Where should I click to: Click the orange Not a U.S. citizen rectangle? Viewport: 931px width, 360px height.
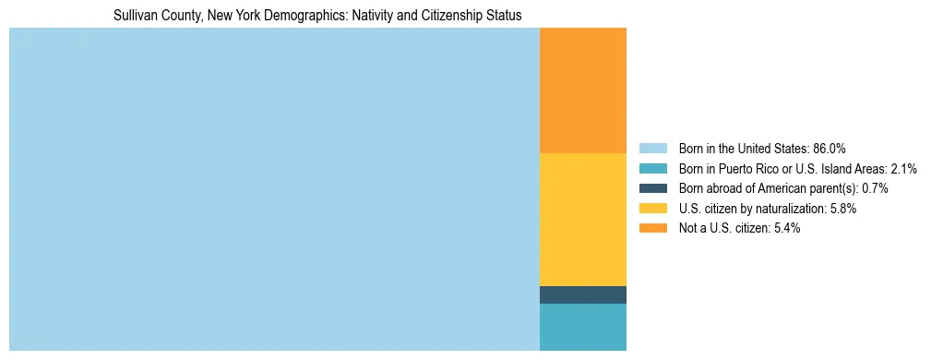click(x=582, y=90)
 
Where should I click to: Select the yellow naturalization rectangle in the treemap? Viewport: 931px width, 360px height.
click(x=582, y=220)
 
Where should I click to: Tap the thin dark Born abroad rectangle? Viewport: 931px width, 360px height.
click(x=582, y=294)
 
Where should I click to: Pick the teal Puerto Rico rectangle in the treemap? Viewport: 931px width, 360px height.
click(x=582, y=327)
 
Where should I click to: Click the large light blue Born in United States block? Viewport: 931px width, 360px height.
click(x=274, y=189)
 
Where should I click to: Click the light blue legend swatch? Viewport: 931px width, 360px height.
click(x=652, y=149)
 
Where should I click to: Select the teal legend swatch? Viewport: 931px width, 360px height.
click(x=652, y=169)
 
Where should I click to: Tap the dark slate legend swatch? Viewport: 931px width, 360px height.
click(x=652, y=188)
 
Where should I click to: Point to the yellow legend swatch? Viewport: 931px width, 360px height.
click(x=652, y=209)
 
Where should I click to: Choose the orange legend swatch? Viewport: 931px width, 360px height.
click(x=652, y=228)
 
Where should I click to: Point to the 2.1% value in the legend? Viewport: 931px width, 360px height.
click(x=902, y=169)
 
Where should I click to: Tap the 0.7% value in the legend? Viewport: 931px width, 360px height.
click(x=875, y=188)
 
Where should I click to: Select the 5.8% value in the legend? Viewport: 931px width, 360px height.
click(x=842, y=209)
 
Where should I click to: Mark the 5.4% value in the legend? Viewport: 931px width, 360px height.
click(x=786, y=228)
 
